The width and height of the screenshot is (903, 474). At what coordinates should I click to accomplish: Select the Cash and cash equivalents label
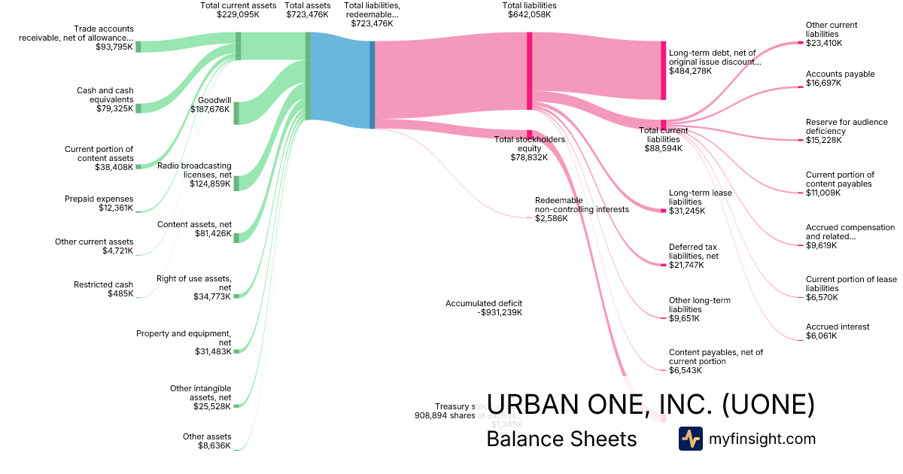pos(105,99)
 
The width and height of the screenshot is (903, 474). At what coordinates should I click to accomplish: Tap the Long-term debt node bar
pos(663,70)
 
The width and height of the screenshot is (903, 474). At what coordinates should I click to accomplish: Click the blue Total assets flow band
pos(340,79)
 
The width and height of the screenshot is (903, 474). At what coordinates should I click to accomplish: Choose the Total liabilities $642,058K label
pos(529,10)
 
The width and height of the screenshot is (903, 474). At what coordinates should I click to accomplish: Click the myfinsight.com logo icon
pos(690,439)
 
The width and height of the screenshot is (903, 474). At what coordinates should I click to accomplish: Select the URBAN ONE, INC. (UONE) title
pos(651,405)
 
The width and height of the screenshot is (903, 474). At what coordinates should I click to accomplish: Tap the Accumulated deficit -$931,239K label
pos(483,308)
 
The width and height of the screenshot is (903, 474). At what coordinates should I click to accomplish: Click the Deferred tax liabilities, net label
pos(693,251)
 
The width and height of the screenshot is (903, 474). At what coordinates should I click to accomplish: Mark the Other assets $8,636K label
pos(207,441)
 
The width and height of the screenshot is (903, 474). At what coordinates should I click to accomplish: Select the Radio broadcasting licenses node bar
pos(236,183)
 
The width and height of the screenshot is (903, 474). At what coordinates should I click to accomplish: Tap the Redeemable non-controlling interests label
pos(581,209)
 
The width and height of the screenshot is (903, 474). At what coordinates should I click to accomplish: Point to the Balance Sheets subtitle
pos(561,439)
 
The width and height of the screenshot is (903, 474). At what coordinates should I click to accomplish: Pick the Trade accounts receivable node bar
pos(138,47)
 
